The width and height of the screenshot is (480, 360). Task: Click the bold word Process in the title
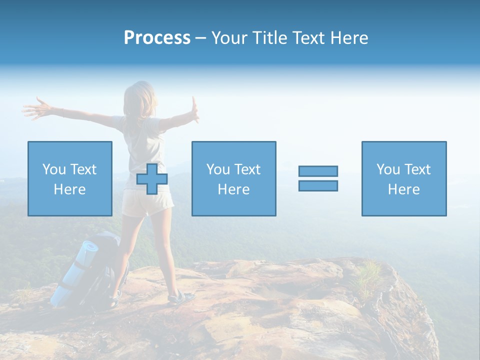point(157,38)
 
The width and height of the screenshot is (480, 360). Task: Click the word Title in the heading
point(269,38)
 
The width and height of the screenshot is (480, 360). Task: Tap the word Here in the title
point(349,38)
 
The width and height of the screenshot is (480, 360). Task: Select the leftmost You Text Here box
point(69,179)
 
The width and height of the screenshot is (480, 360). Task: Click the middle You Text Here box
point(233,179)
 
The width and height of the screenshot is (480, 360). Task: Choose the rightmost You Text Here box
point(403,179)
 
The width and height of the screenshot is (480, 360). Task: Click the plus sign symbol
point(152,179)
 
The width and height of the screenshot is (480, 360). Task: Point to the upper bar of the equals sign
point(318,171)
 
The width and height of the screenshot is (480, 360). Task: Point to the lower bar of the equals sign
point(318,186)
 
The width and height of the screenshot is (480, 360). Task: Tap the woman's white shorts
point(147,204)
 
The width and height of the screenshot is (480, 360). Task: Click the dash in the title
point(200,38)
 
